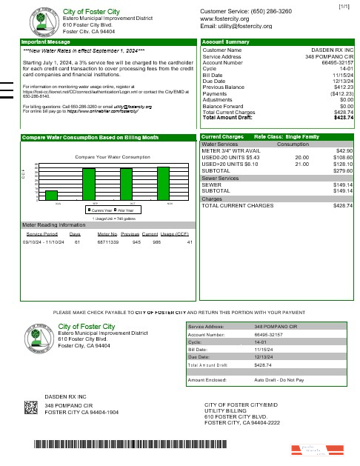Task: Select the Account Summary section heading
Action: point(226,42)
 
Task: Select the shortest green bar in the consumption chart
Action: point(52,195)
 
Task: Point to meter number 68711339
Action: point(109,242)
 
